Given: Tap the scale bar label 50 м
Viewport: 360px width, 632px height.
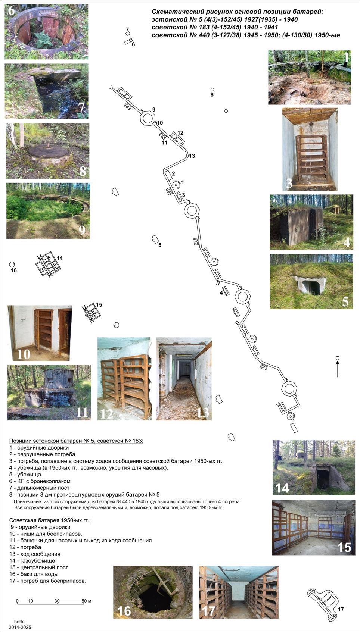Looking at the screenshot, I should click(87, 601).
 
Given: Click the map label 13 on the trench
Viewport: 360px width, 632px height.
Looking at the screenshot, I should click(192, 156).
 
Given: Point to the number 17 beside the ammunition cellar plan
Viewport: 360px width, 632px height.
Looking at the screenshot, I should click(341, 609).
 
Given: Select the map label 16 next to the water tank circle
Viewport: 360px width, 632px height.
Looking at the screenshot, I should click(14, 270).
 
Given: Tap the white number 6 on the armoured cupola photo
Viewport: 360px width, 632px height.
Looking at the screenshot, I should click(12, 11).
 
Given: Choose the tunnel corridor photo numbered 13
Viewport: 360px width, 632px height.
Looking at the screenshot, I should click(184, 379).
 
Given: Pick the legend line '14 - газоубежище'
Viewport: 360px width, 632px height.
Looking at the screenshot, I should click(32, 561).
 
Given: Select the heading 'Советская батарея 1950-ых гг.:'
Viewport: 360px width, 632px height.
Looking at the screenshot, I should click(50, 520).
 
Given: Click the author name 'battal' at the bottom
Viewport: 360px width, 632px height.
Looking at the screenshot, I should click(20, 622).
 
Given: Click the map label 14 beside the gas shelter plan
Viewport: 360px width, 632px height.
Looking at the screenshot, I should click(60, 258).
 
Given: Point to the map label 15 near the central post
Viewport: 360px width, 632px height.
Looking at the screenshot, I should click(99, 305).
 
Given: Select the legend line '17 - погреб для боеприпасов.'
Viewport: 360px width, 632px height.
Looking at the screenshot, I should click(48, 581).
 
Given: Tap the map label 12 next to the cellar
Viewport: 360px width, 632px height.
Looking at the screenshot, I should click(180, 133).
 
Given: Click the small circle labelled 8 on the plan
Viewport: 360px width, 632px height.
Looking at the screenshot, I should click(212, 90).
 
